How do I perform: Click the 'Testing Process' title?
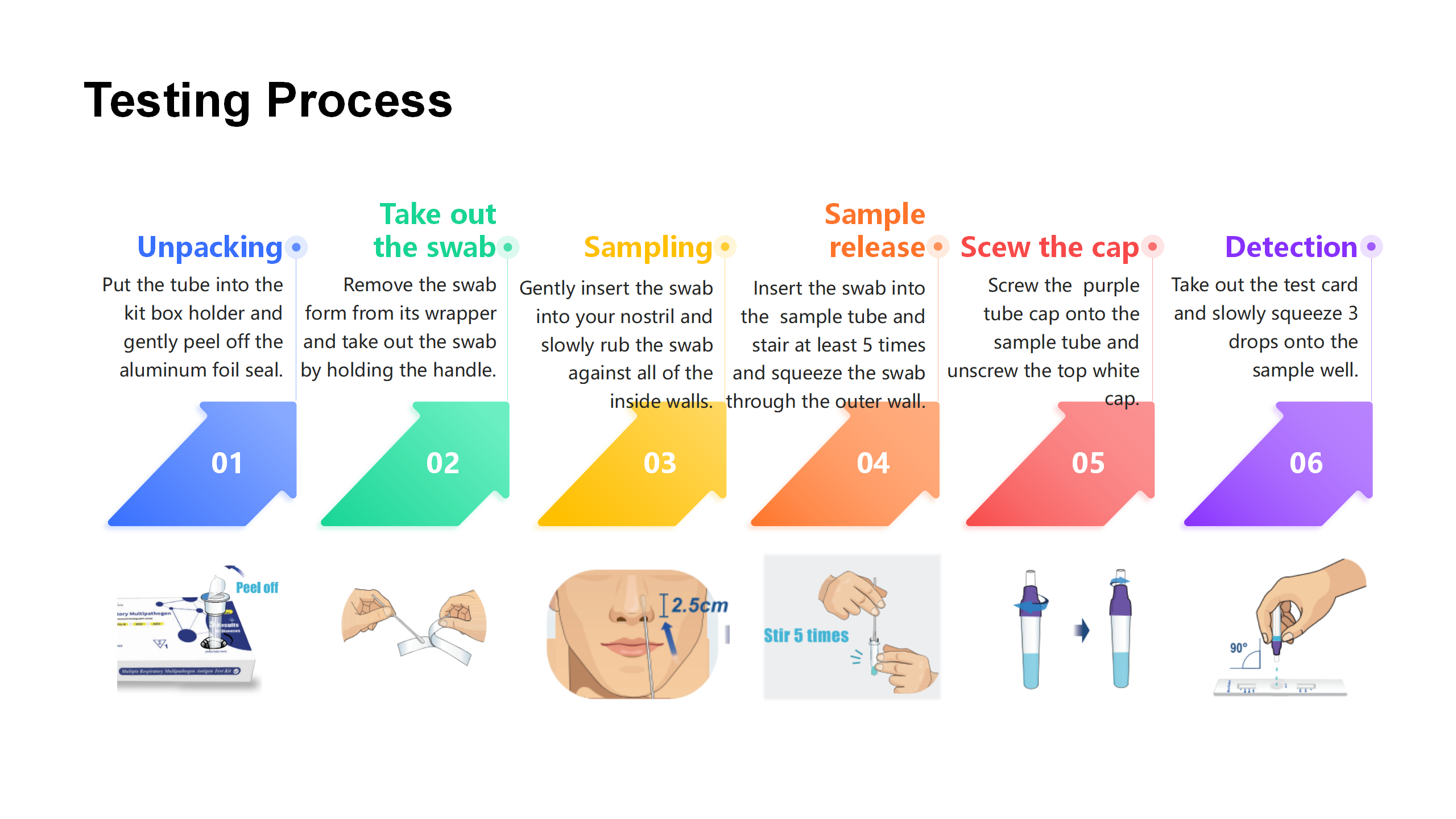(x=268, y=101)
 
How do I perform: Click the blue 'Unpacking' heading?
(x=210, y=247)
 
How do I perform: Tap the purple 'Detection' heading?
(x=1291, y=247)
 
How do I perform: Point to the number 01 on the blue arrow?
(x=227, y=463)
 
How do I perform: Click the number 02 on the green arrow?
(x=442, y=463)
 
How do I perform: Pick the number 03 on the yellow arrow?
(x=660, y=463)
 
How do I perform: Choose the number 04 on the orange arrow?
(x=873, y=463)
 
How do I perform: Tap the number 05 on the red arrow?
(x=1088, y=463)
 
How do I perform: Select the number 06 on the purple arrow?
(x=1306, y=463)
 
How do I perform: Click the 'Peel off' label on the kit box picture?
(x=257, y=588)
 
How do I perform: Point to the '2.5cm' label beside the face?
(x=700, y=605)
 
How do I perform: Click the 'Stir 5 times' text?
(x=806, y=635)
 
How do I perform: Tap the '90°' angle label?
(x=1238, y=648)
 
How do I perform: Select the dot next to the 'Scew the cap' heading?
(x=1152, y=247)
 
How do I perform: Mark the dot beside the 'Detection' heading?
(x=1371, y=247)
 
